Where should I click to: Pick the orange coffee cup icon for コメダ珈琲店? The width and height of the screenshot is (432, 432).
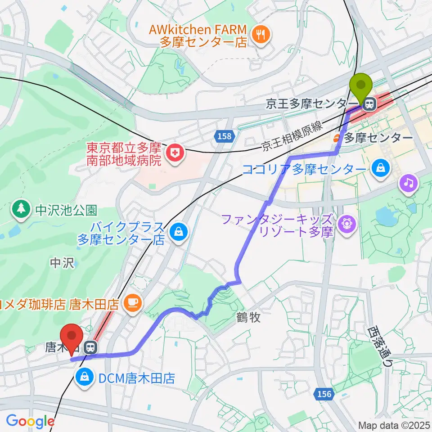(x=133, y=301)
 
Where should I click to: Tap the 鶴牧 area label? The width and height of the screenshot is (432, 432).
(x=248, y=318)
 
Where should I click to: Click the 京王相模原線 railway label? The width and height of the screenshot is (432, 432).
(x=292, y=135)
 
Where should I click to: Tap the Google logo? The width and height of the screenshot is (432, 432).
(x=30, y=421)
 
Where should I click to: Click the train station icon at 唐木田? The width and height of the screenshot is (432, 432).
(x=91, y=347)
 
